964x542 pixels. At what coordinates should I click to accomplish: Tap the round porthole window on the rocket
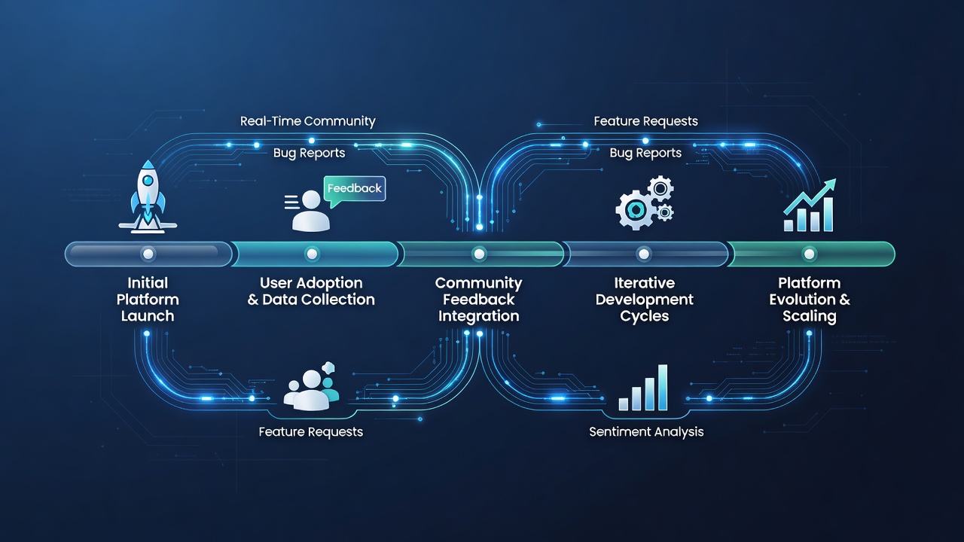point(148,180)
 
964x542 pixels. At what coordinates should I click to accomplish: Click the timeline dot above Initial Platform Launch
point(148,254)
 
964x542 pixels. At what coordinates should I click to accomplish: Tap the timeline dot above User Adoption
point(312,254)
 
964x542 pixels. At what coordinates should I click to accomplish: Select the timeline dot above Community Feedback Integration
point(479,254)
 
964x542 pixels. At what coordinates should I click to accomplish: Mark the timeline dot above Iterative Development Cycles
point(644,254)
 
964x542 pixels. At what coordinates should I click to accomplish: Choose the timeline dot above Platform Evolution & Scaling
point(810,254)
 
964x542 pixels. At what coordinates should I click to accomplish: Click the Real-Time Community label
point(308,121)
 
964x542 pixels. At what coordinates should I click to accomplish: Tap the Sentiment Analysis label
point(646,432)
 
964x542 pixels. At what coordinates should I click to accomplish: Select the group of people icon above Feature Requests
point(312,386)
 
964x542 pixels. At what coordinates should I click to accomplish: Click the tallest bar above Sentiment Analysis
point(663,388)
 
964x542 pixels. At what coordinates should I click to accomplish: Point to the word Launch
point(148,316)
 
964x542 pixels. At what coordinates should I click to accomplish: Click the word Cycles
point(644,317)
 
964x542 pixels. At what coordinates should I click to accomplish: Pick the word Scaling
point(810,317)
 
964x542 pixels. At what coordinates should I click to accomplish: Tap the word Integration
point(479,317)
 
